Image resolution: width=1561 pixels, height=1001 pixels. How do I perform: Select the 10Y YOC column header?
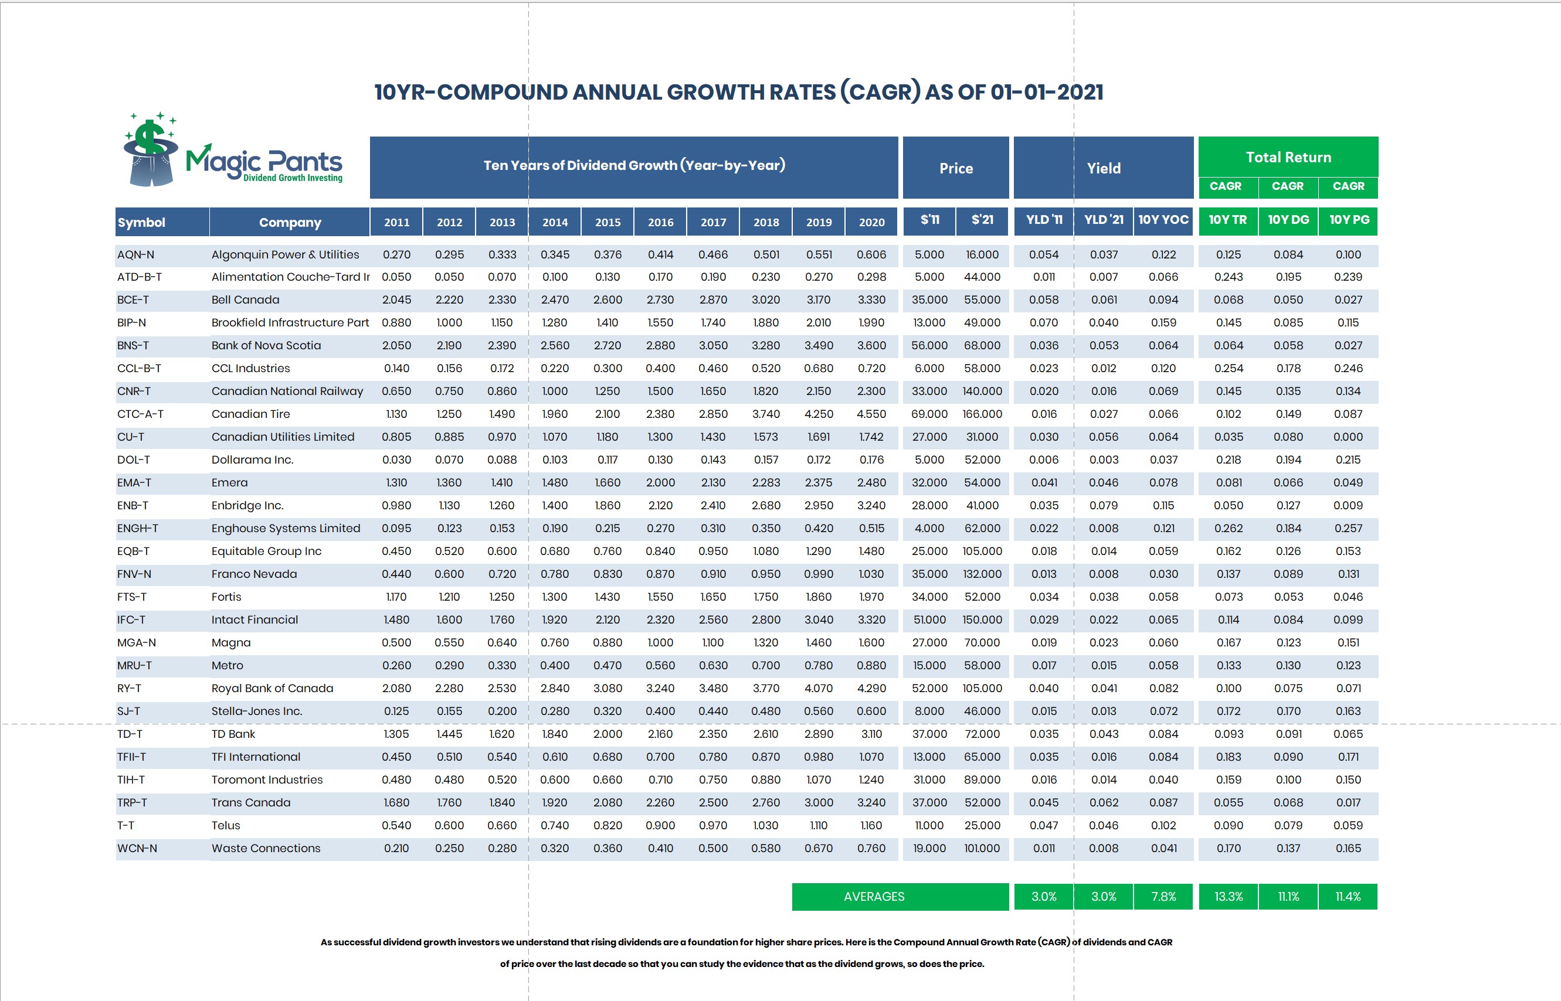click(x=1163, y=220)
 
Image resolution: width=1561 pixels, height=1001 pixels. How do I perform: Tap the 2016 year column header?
click(x=660, y=222)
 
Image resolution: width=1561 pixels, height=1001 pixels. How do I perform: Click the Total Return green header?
click(x=1288, y=157)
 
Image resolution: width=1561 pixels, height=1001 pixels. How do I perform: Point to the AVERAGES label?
click(x=874, y=896)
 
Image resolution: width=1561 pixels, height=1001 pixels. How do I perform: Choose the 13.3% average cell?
click(x=1228, y=896)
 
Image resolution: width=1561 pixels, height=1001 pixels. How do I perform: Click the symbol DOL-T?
click(x=133, y=459)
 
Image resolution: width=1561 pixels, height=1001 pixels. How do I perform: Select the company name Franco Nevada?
click(x=254, y=574)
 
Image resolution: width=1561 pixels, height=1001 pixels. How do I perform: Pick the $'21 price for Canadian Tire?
click(x=982, y=414)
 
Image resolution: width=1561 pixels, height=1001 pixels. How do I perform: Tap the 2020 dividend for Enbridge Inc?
click(x=871, y=505)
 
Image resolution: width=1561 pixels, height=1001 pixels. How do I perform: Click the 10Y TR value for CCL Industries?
click(x=1228, y=368)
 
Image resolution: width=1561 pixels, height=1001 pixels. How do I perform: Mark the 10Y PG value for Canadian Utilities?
click(x=1348, y=437)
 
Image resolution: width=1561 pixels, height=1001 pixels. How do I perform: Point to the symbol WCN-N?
click(x=137, y=848)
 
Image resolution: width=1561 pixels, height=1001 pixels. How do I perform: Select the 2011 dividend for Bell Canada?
click(x=396, y=299)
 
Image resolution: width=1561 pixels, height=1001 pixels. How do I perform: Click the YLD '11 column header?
click(x=1043, y=220)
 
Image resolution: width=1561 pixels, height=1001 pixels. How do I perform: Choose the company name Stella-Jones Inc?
click(x=256, y=711)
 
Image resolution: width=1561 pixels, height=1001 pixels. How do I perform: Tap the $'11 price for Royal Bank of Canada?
click(x=929, y=689)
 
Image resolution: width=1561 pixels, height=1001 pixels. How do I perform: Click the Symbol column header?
click(x=141, y=222)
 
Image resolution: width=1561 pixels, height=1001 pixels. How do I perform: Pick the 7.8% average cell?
click(x=1163, y=896)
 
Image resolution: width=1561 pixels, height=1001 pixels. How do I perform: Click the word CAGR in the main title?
click(x=880, y=92)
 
